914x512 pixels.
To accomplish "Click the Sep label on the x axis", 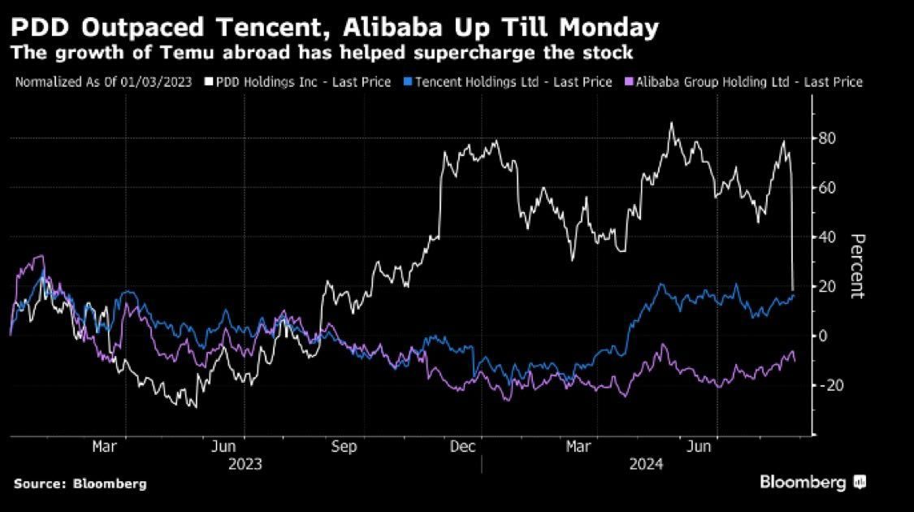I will (344, 446).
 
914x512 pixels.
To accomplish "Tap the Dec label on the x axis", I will (464, 446).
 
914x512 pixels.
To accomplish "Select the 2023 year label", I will (245, 464).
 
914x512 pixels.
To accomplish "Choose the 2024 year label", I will (647, 464).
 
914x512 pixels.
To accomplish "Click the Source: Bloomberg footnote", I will (80, 484).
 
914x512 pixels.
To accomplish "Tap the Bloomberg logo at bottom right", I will (812, 483).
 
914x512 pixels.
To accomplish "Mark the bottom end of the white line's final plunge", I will (793, 289).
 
